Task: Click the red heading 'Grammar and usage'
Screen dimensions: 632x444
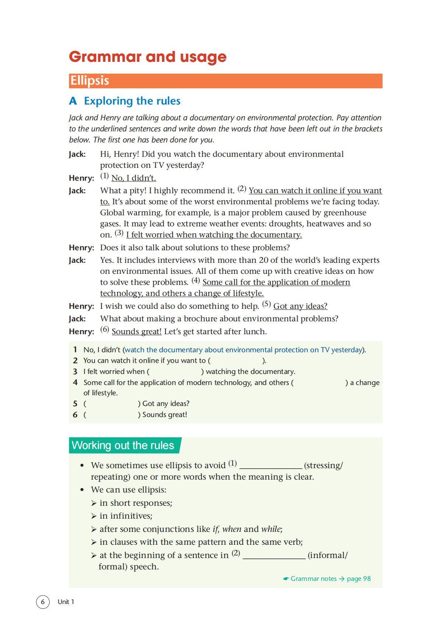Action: click(148, 57)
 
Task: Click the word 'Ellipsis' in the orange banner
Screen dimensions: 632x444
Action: click(89, 81)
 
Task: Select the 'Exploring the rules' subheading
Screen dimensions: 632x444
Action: click(132, 101)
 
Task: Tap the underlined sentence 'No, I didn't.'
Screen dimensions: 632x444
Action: click(134, 178)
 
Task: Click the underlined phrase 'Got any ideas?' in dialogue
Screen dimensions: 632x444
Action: click(300, 306)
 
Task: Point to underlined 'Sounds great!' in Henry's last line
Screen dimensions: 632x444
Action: click(136, 332)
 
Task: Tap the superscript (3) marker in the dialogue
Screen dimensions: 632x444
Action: click(119, 233)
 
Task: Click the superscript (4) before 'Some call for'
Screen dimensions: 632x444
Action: click(195, 280)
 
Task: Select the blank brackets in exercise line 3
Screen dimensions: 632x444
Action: click(175, 372)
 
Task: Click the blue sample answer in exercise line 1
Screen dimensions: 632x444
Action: click(243, 350)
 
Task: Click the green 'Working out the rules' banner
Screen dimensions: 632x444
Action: click(123, 445)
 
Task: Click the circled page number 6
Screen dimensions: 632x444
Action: click(43, 602)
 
